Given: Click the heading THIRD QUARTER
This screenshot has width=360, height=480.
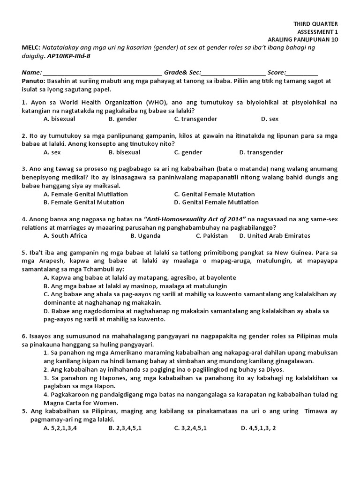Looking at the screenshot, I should click(315, 24).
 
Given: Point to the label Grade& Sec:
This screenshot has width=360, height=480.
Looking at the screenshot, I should click(182, 73).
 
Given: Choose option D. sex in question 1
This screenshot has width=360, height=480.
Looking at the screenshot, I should click(270, 119).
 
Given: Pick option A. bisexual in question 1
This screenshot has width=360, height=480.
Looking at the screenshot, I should click(59, 119).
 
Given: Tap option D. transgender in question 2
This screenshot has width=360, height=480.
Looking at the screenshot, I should click(261, 152).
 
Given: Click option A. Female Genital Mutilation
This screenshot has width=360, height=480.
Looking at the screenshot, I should click(85, 194).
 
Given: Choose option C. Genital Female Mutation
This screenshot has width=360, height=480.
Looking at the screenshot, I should click(214, 194).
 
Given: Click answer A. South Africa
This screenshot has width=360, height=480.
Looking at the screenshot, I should click(65, 236).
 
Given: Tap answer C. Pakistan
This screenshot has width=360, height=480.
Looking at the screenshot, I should click(212, 236).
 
